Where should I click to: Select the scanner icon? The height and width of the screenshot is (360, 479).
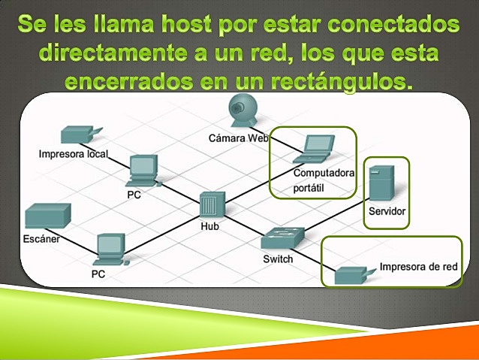pos(47,216)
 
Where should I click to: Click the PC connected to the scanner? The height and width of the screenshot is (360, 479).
pos(110,250)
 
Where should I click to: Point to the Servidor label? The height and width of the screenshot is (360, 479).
pos(387,212)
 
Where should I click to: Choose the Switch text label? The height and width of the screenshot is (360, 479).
pos(278,259)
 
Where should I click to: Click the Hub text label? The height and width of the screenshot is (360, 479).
pos(209,225)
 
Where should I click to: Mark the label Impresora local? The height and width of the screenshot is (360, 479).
pos(74,154)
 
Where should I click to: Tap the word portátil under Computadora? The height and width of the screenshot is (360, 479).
pos(309,188)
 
